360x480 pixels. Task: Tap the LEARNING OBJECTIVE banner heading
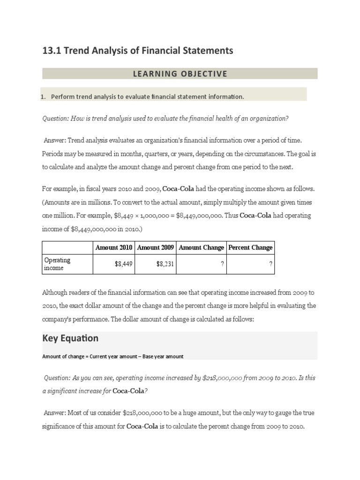click(x=180, y=74)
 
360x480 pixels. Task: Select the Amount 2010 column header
click(x=114, y=247)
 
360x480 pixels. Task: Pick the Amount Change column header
click(x=202, y=247)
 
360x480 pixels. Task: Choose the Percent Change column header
click(x=250, y=247)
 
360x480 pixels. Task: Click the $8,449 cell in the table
click(x=124, y=264)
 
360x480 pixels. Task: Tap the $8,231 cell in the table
click(x=165, y=264)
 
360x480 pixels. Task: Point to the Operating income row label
click(x=57, y=263)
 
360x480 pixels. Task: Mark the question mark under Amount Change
click(x=222, y=264)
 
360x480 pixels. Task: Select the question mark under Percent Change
click(x=271, y=264)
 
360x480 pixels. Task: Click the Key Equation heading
click(x=70, y=338)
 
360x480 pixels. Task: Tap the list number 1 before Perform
click(x=43, y=97)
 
